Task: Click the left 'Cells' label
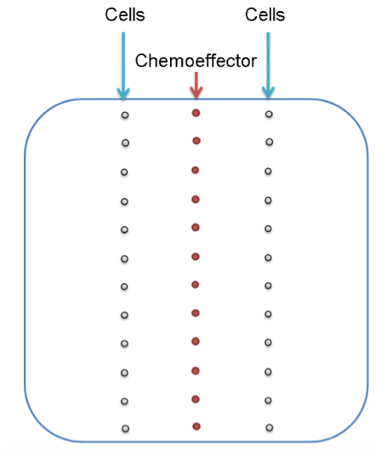tap(125, 14)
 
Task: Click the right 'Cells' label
tap(265, 14)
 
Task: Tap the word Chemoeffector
tap(196, 60)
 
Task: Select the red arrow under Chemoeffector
tap(196, 85)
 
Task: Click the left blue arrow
tap(123, 65)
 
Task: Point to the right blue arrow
tap(268, 65)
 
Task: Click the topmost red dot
tap(196, 113)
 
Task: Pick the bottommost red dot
tap(196, 427)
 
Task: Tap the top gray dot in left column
tap(125, 115)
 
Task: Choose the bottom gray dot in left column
tap(125, 428)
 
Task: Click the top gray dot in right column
tap(269, 114)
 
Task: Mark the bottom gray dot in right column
tap(270, 427)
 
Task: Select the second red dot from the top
tap(196, 141)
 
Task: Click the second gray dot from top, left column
tap(125, 143)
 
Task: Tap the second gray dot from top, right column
tap(270, 142)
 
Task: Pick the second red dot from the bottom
tap(196, 399)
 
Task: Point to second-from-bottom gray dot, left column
tap(124, 401)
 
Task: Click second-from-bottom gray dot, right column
tap(268, 400)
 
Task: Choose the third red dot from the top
tap(195, 170)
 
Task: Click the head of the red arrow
tap(196, 93)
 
